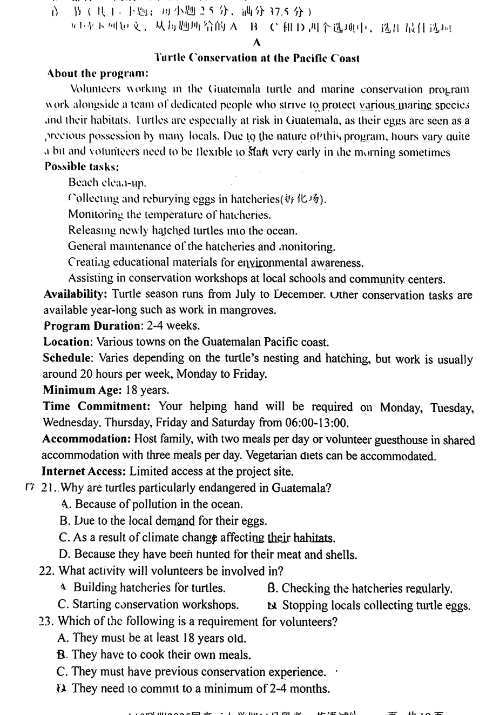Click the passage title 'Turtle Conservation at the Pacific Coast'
tap(256, 58)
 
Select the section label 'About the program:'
tap(97, 73)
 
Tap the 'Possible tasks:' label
tap(82, 167)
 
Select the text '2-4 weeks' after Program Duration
tap(164, 326)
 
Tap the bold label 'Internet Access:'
tap(84, 472)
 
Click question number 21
tap(49, 488)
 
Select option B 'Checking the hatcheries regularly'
tap(360, 589)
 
